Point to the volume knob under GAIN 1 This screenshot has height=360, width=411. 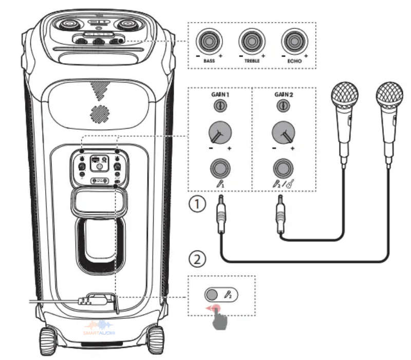pyautogui.click(x=219, y=134)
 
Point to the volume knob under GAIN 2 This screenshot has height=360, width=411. pyautogui.click(x=283, y=134)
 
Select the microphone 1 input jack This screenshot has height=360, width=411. pyautogui.click(x=219, y=168)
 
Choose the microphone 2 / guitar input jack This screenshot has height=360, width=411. pyautogui.click(x=283, y=168)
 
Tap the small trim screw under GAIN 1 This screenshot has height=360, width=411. pyautogui.click(x=219, y=106)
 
